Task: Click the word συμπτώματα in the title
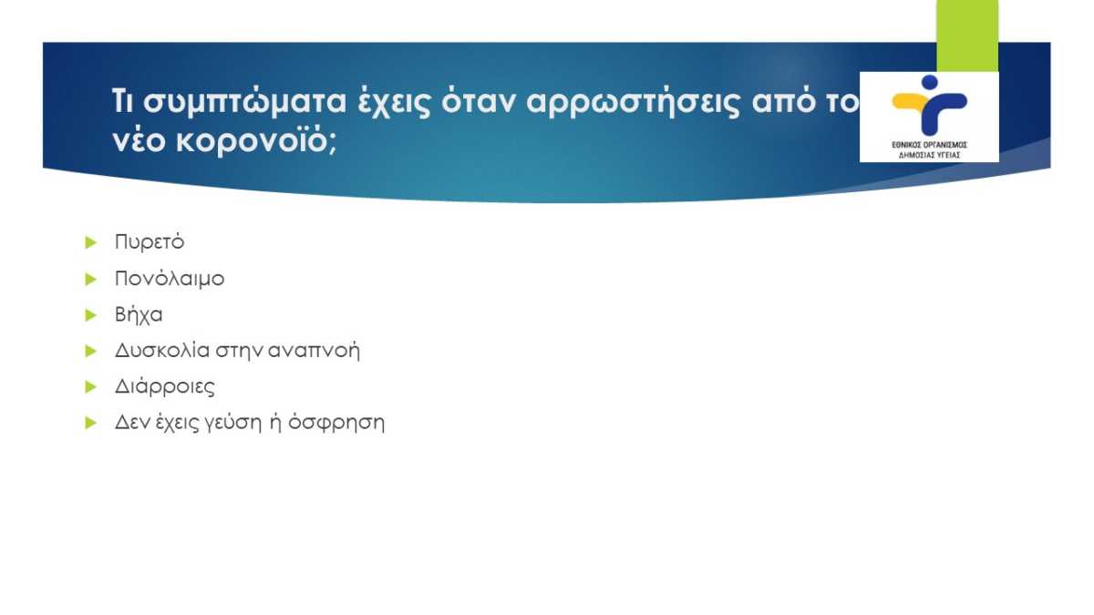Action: pyautogui.click(x=244, y=102)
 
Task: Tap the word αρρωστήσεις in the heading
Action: pyautogui.click(x=634, y=102)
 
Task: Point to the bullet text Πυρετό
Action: pyautogui.click(x=150, y=241)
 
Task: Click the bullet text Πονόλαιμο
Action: pyautogui.click(x=170, y=278)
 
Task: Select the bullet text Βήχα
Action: pyautogui.click(x=139, y=314)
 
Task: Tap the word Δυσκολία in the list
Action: pyautogui.click(x=162, y=350)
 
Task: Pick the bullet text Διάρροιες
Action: pyautogui.click(x=165, y=386)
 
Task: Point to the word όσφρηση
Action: pyautogui.click(x=336, y=423)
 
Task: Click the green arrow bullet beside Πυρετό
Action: pyautogui.click(x=91, y=242)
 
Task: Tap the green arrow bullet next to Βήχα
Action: pyautogui.click(x=91, y=315)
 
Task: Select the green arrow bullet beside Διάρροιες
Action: pyautogui.click(x=91, y=387)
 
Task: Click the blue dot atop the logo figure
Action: pyautogui.click(x=929, y=82)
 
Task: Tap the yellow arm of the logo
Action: pyautogui.click(x=910, y=101)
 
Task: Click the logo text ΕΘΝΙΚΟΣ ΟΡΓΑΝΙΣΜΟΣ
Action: pyautogui.click(x=929, y=145)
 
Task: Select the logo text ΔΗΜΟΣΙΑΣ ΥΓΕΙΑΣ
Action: pyautogui.click(x=929, y=155)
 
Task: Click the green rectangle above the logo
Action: pyautogui.click(x=967, y=36)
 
